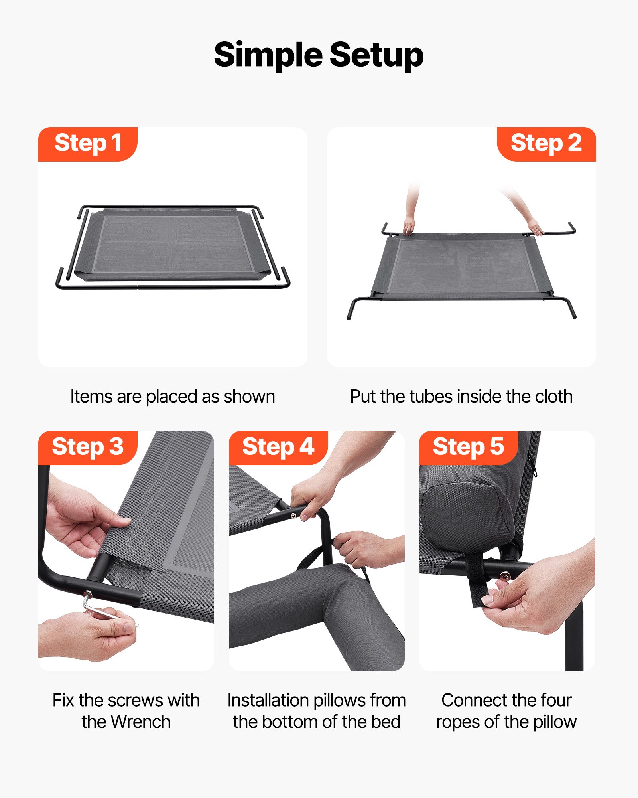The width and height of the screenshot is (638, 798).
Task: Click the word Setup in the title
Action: click(376, 55)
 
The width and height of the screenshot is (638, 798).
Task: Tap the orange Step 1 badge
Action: click(88, 144)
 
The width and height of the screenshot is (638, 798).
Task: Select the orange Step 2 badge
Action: click(546, 144)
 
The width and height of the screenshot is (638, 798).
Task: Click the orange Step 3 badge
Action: click(88, 447)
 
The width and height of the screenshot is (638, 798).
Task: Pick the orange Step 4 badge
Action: click(278, 447)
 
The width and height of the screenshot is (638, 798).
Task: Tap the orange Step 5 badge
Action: click(469, 447)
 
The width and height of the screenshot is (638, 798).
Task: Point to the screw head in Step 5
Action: click(505, 576)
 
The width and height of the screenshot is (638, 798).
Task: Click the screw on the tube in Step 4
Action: click(293, 516)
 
